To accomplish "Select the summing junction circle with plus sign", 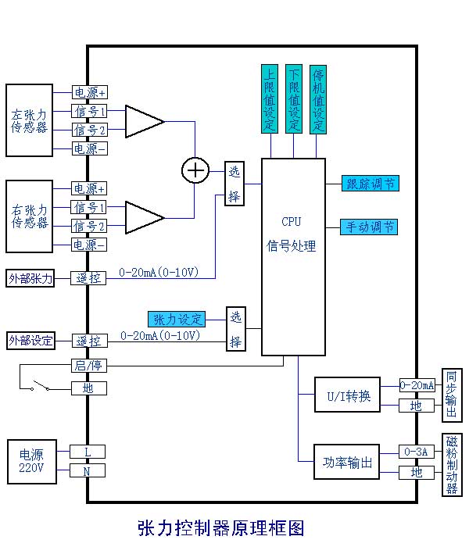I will pyautogui.click(x=195, y=169).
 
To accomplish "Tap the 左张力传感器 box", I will pyautogui.click(x=29, y=120).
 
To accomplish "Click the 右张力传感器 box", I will pyautogui.click(x=29, y=216).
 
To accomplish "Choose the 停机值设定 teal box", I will pyautogui.click(x=317, y=99).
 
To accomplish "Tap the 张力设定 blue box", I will pyautogui.click(x=177, y=319).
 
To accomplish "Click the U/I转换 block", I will pyautogui.click(x=347, y=395).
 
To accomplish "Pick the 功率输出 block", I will pyautogui.click(x=347, y=463).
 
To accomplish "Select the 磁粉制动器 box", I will pyautogui.click(x=451, y=465).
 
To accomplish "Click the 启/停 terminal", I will pyautogui.click(x=88, y=366).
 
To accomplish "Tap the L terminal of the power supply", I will pyautogui.click(x=88, y=452).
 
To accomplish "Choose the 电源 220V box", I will pyautogui.click(x=31, y=461).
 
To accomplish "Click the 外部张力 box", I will pyautogui.click(x=30, y=277).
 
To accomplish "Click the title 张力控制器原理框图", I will pyautogui.click(x=220, y=528).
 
